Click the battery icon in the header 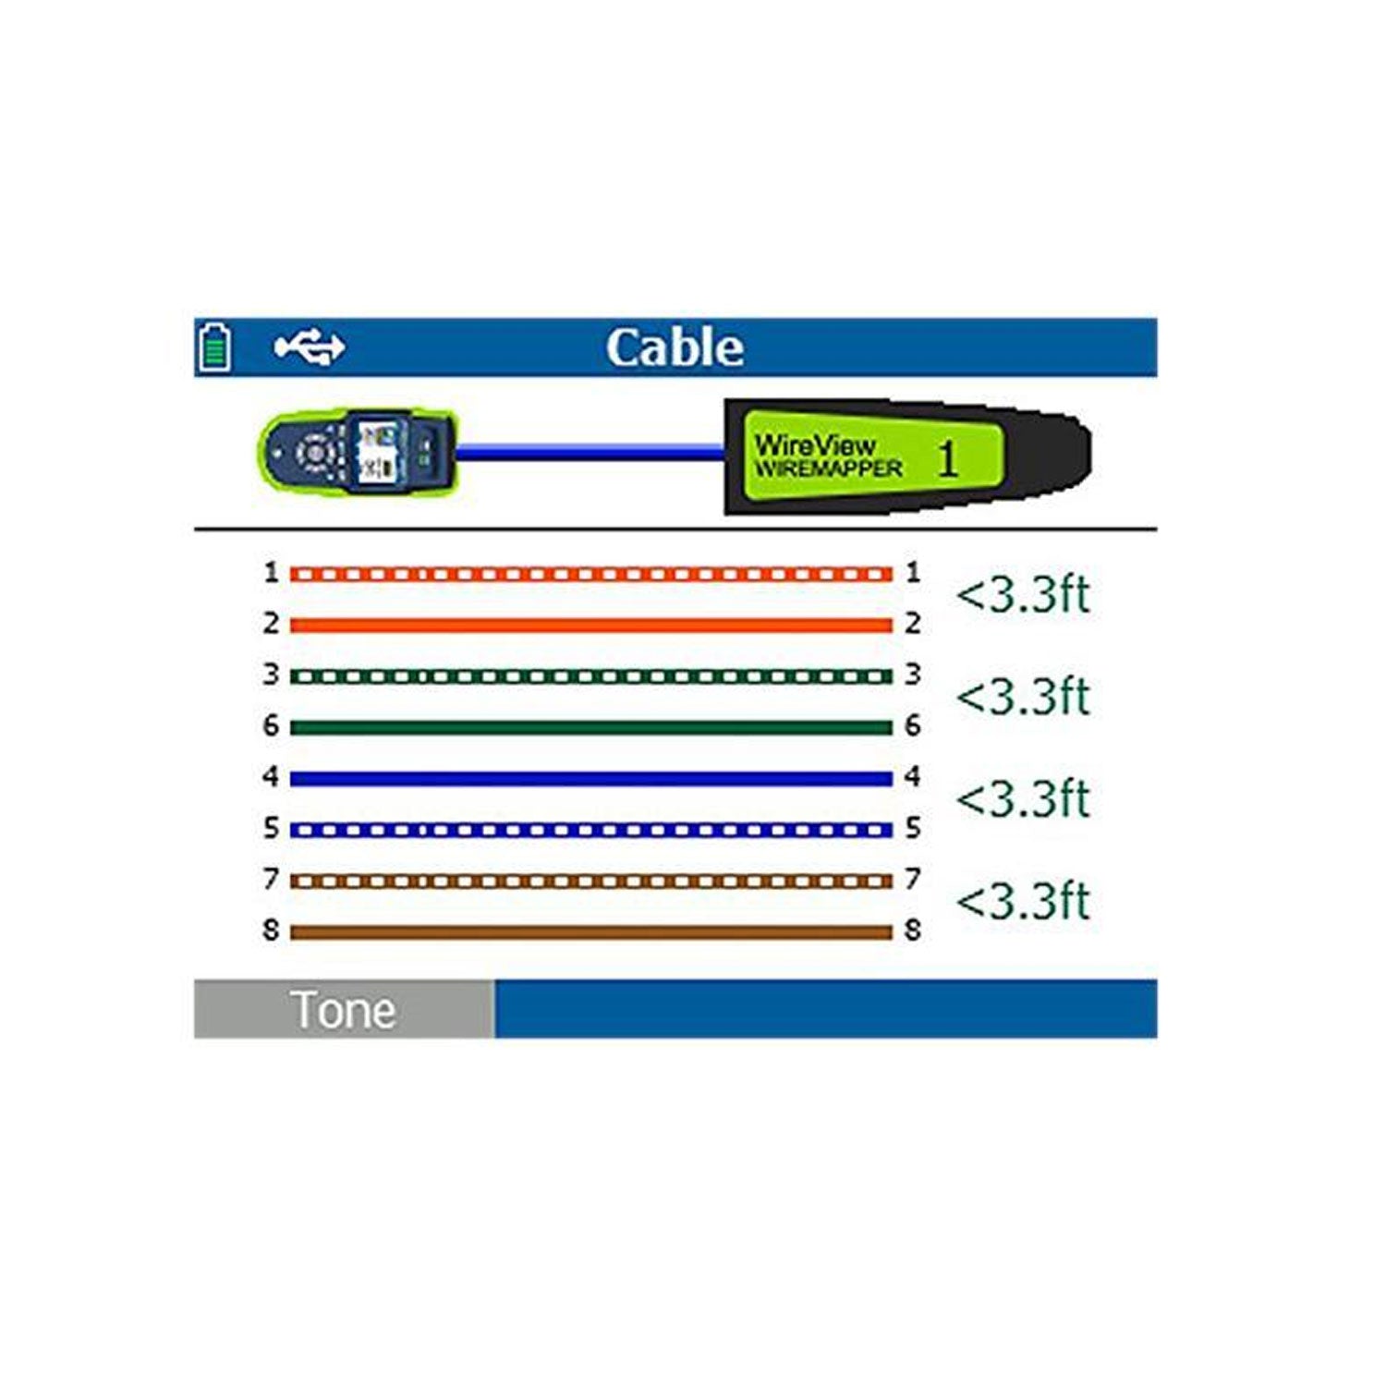pyautogui.click(x=215, y=347)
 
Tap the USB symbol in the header pyautogui.click(x=310, y=347)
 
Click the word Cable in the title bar pyautogui.click(x=675, y=348)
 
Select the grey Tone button pyautogui.click(x=344, y=1009)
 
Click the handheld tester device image pyautogui.click(x=357, y=453)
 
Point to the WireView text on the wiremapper pyautogui.click(x=814, y=444)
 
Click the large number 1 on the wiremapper pyautogui.click(x=947, y=458)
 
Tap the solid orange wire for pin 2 pyautogui.click(x=591, y=626)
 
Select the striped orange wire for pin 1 pyautogui.click(x=591, y=575)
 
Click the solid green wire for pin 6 pyautogui.click(x=591, y=728)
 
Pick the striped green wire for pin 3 pyautogui.click(x=591, y=676)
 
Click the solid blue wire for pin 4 pyautogui.click(x=591, y=779)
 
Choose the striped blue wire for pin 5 pyautogui.click(x=591, y=830)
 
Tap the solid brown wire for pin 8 pyautogui.click(x=591, y=932)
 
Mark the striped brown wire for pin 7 pyautogui.click(x=591, y=881)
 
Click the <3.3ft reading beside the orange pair pyautogui.click(x=1023, y=595)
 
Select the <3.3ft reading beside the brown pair pyautogui.click(x=1023, y=902)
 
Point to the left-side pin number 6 pyautogui.click(x=270, y=725)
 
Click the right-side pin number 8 pyautogui.click(x=913, y=930)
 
